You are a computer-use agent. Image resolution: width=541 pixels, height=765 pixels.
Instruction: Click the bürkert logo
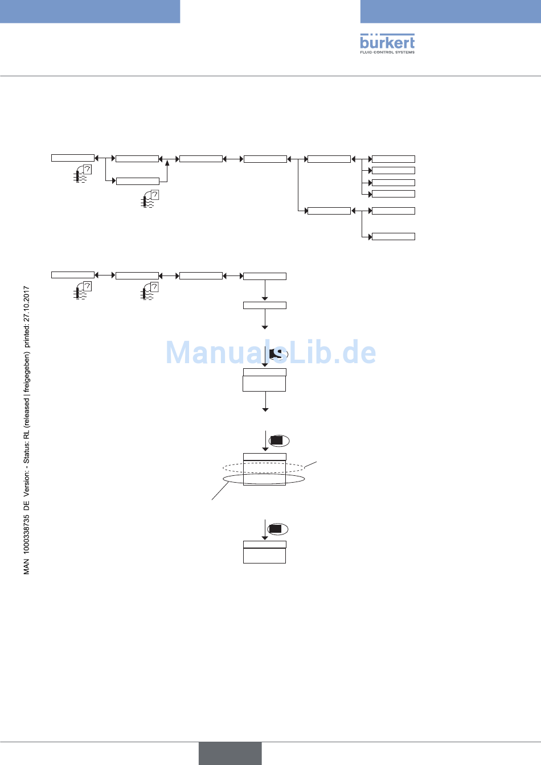(x=387, y=42)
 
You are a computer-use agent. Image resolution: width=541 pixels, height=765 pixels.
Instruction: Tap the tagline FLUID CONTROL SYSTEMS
(x=387, y=52)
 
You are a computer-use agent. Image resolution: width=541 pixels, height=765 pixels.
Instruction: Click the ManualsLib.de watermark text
(x=270, y=353)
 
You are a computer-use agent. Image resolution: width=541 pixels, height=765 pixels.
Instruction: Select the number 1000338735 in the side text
(x=27, y=534)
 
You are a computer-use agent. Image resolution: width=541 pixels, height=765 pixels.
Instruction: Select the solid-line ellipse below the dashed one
(x=264, y=479)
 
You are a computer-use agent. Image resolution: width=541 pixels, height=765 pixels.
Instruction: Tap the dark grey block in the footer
(x=230, y=753)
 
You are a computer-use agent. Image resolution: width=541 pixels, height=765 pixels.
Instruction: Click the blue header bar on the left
(x=90, y=11)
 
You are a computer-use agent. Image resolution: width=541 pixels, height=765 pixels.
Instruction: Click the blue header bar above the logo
(x=450, y=11)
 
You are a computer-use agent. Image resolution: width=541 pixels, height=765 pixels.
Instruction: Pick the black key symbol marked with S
(x=277, y=355)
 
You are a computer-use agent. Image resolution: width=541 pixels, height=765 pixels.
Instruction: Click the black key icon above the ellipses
(x=277, y=441)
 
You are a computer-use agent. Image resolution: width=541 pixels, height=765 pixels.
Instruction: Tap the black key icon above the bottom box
(x=276, y=529)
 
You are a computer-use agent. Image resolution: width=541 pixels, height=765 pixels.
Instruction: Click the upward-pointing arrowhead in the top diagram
(x=167, y=163)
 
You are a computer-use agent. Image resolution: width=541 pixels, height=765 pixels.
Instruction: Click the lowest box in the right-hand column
(x=393, y=236)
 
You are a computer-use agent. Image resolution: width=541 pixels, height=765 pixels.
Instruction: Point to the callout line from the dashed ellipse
(x=310, y=464)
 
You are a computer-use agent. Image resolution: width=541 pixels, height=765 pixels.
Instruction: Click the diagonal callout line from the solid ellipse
(x=220, y=491)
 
